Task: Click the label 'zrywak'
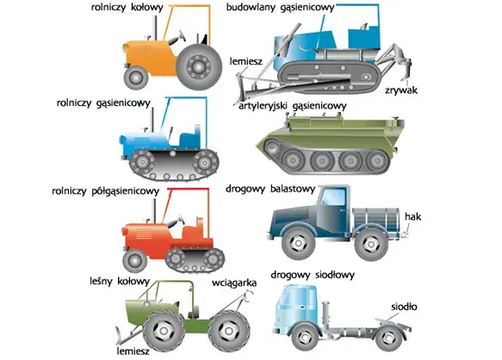(401, 90)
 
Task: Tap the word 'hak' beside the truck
(412, 216)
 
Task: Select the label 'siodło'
(404, 307)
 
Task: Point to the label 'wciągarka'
(234, 283)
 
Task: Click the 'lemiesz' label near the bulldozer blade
(246, 61)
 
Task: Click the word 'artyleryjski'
(263, 106)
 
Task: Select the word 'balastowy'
(293, 189)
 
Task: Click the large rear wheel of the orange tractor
(199, 67)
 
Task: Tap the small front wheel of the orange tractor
(136, 78)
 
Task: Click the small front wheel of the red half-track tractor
(135, 261)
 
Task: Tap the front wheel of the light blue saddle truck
(305, 337)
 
